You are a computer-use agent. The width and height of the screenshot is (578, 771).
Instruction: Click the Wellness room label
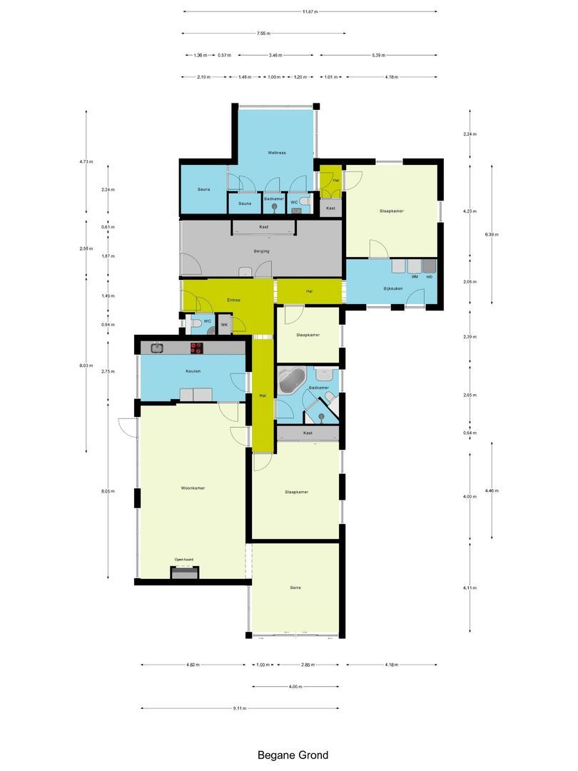click(277, 153)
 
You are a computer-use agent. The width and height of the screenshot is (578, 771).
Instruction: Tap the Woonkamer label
click(193, 488)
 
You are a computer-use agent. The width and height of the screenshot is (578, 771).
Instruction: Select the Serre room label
click(295, 588)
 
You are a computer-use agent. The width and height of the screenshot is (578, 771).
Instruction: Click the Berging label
click(261, 251)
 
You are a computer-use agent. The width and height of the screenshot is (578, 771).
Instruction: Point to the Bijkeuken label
click(394, 288)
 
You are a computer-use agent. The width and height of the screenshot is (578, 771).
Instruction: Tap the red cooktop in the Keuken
click(196, 348)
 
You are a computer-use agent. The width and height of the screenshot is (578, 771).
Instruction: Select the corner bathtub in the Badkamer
click(292, 381)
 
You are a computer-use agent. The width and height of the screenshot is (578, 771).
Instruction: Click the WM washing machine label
click(414, 276)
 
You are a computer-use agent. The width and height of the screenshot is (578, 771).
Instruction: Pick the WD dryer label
click(430, 276)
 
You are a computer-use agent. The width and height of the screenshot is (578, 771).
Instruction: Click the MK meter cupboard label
click(224, 325)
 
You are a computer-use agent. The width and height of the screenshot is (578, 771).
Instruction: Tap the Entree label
click(233, 300)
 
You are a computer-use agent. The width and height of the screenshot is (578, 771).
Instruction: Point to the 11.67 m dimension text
click(310, 11)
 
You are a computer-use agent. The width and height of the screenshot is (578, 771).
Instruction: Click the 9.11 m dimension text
click(239, 708)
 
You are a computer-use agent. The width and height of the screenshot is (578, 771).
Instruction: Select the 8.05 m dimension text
click(108, 491)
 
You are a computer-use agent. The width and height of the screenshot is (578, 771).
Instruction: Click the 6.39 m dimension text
click(492, 234)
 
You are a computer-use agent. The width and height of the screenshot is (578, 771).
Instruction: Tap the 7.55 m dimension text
click(264, 33)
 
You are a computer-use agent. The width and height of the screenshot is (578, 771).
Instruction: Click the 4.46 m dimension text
click(492, 490)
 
